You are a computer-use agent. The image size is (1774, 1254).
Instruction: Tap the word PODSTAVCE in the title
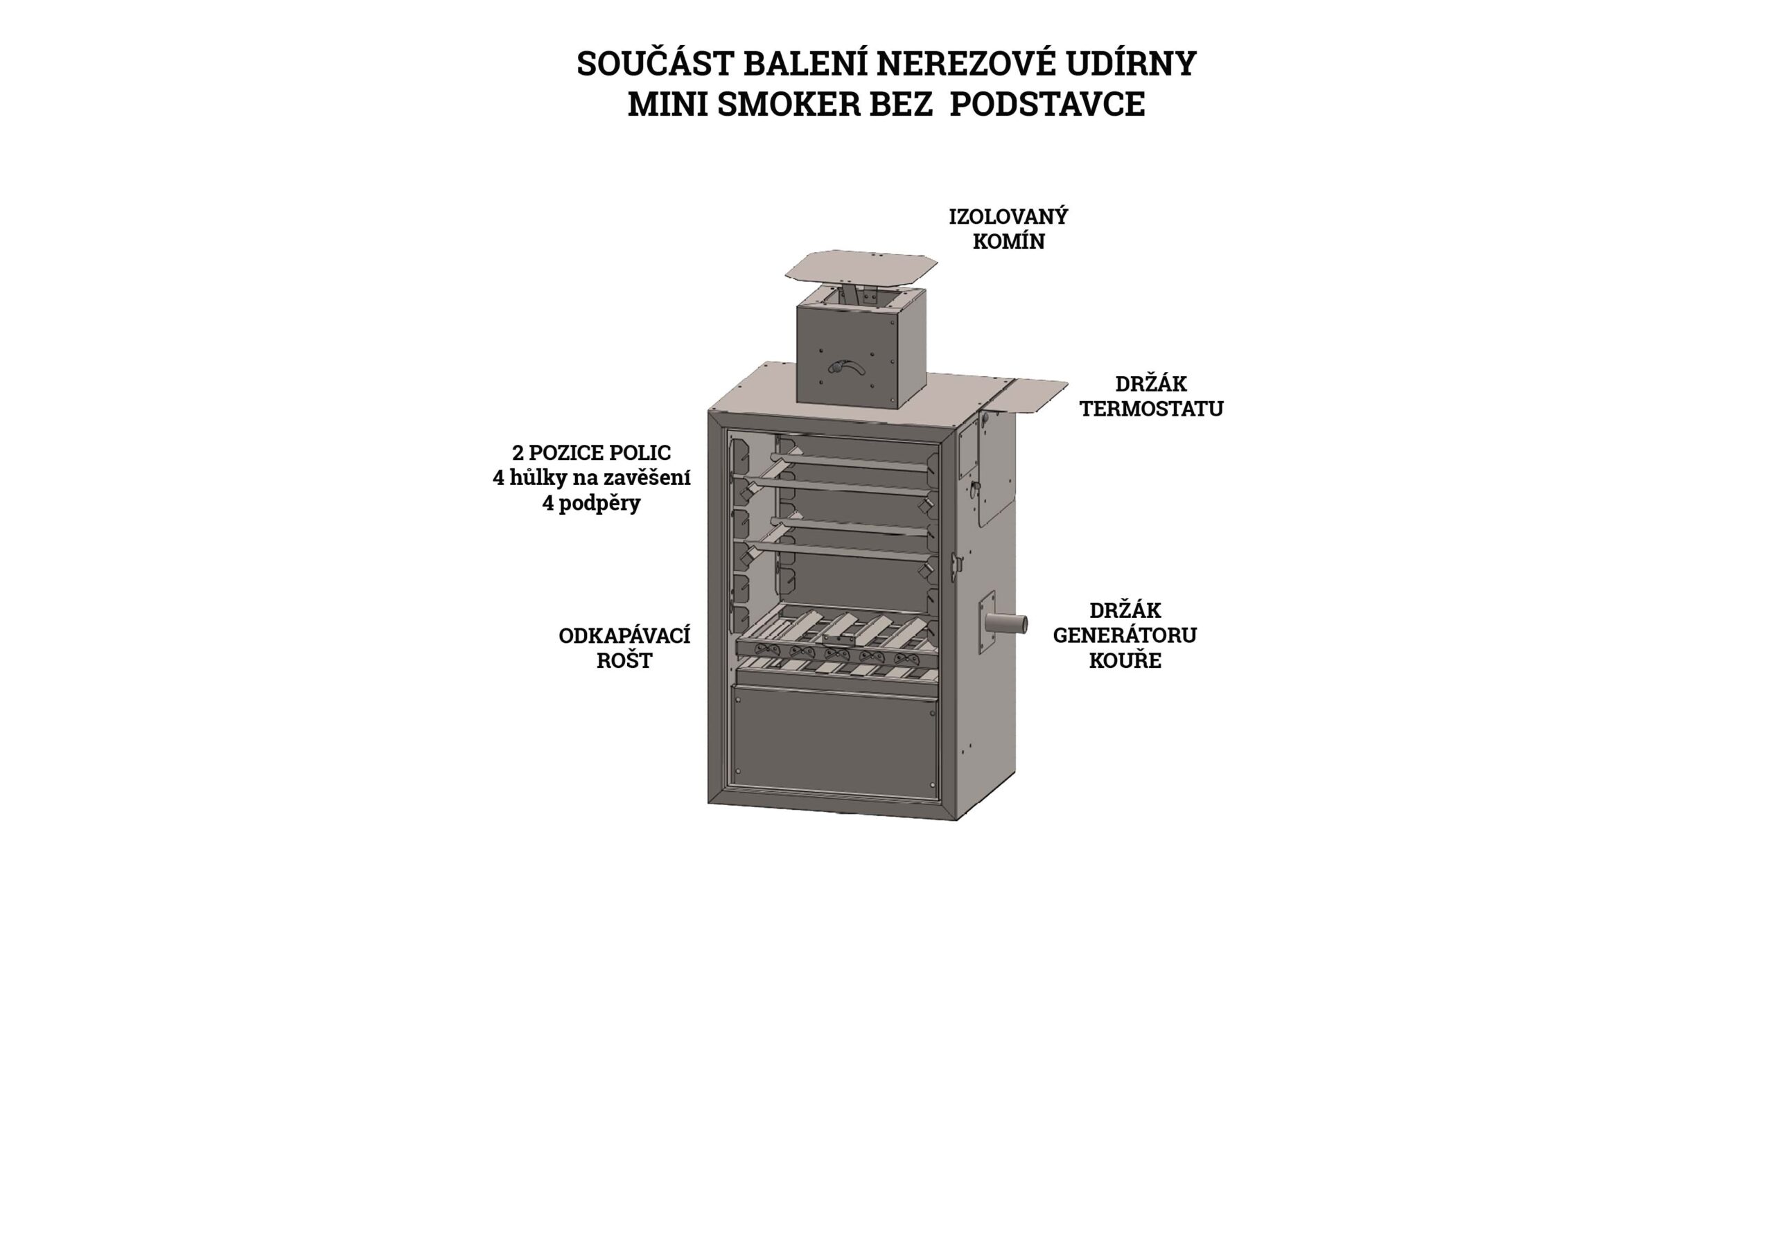[1047, 105]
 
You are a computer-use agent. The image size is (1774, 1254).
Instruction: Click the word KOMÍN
[1008, 241]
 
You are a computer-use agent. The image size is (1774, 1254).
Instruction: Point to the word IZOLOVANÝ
[1008, 216]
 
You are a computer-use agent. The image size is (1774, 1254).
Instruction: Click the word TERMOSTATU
[1151, 409]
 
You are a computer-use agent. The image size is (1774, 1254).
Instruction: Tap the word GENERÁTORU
[1124, 635]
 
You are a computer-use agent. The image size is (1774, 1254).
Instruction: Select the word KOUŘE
[1125, 661]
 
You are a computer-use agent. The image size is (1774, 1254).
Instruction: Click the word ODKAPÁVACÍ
[624, 636]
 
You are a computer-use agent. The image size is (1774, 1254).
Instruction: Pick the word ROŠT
[624, 661]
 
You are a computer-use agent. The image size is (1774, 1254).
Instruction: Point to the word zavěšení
[647, 477]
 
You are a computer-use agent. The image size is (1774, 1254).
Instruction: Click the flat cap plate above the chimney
[861, 267]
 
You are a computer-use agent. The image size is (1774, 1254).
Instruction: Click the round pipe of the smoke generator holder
[1008, 623]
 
